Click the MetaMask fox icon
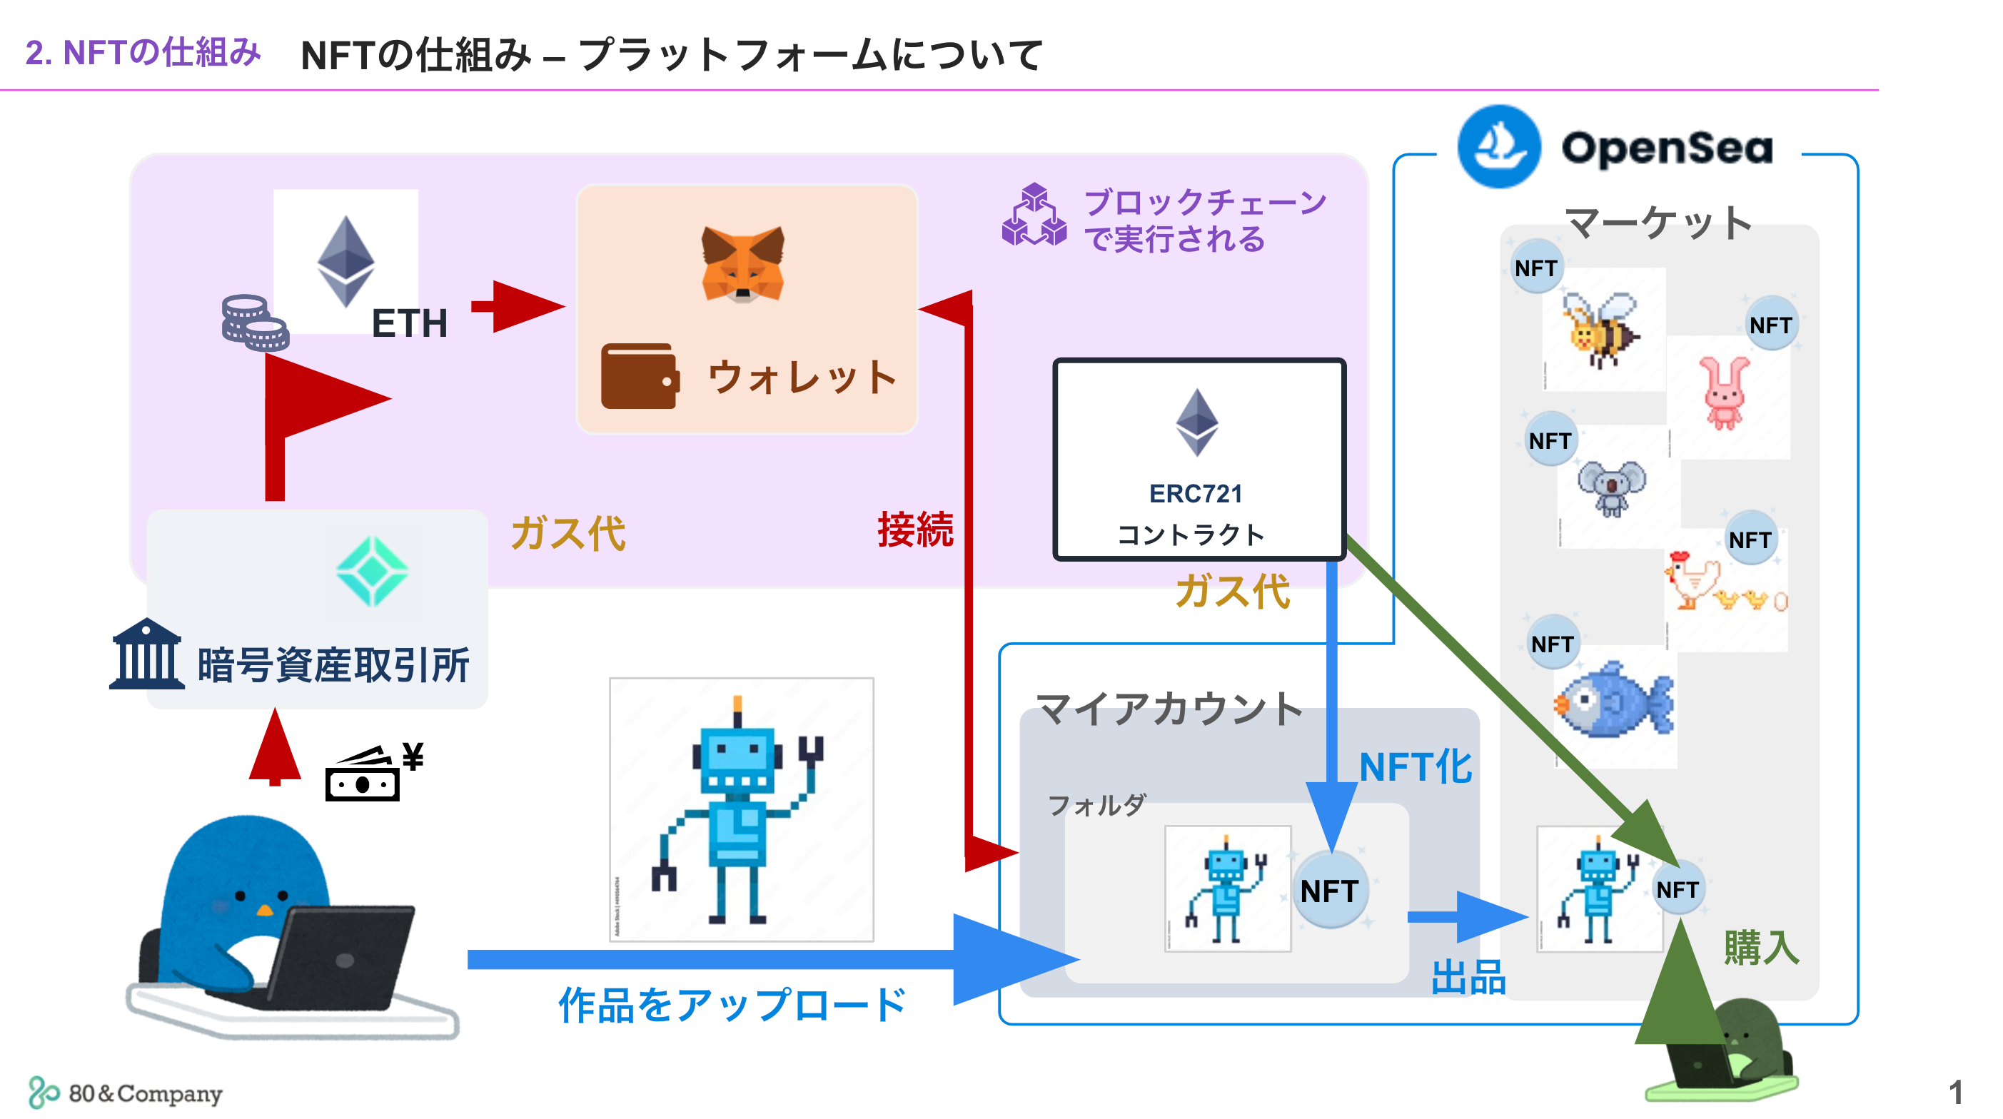point(742,264)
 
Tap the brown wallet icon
point(639,375)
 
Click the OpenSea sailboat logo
point(1498,146)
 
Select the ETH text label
point(409,323)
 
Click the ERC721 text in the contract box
point(1195,493)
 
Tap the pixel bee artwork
point(1600,330)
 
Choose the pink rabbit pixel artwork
point(1724,393)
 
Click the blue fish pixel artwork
point(1613,701)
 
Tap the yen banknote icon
point(372,774)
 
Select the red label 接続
point(914,530)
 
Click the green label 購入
point(1760,947)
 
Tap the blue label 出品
point(1467,977)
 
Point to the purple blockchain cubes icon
point(1034,216)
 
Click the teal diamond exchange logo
point(372,572)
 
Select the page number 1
point(1954,1092)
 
